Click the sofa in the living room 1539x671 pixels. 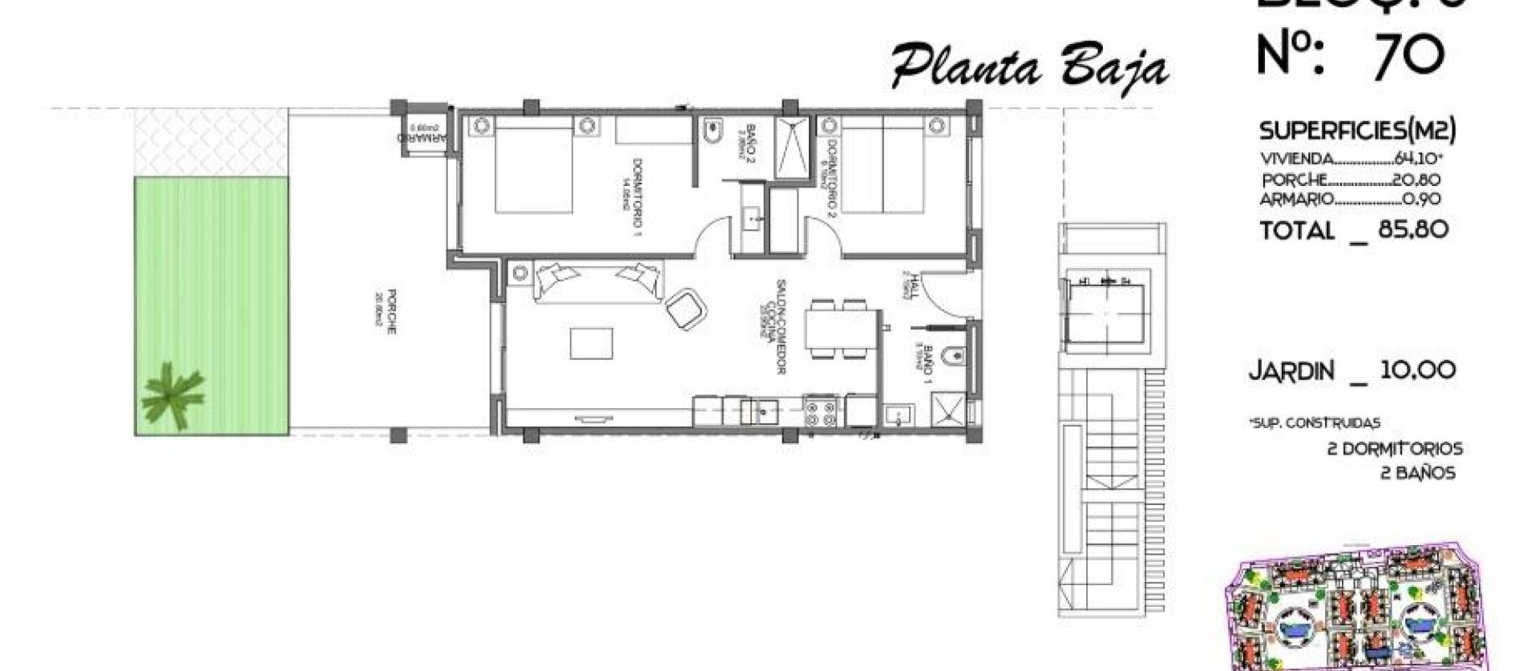pyautogui.click(x=598, y=281)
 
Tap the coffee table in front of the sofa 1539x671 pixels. pyautogui.click(x=592, y=343)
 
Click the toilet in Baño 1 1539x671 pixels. pyautogui.click(x=951, y=356)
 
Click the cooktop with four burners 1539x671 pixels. pyautogui.click(x=820, y=411)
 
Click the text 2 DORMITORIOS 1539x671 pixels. pyautogui.click(x=1395, y=449)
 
